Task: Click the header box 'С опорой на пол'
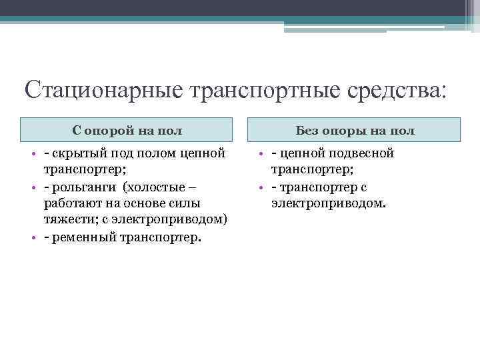127,130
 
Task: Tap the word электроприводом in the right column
328,203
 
